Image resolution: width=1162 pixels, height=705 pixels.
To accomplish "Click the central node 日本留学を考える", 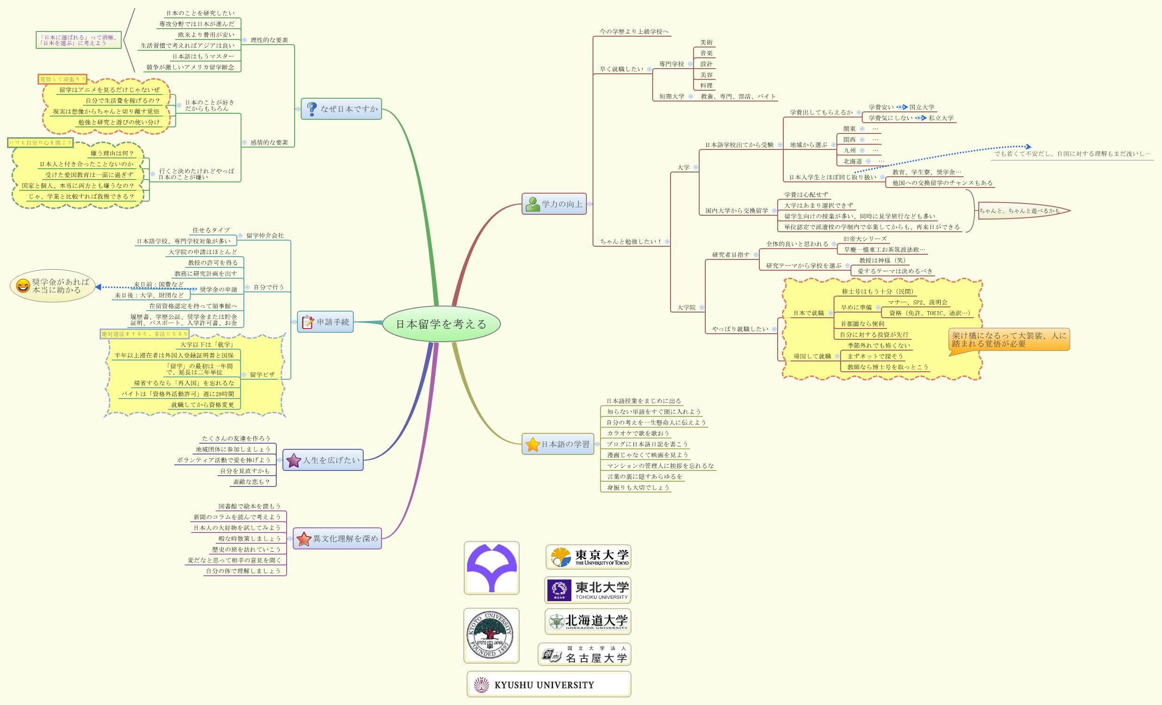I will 441,324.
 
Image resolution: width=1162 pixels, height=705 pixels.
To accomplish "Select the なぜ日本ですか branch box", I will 341,109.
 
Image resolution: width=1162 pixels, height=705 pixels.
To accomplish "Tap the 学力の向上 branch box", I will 554,204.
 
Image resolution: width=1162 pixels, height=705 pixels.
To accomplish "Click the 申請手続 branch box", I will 326,322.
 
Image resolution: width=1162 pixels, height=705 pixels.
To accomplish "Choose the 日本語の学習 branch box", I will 558,444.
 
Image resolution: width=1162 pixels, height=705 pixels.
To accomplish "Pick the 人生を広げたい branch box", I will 323,460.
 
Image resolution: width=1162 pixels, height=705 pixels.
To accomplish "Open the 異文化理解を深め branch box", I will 337,539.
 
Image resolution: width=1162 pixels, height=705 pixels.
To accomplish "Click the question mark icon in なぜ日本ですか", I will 311,109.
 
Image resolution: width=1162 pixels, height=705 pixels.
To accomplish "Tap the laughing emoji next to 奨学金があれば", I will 23,286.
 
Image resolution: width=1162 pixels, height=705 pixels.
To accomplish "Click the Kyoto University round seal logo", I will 491,635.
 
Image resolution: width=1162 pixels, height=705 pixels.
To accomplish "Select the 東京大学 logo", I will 588,557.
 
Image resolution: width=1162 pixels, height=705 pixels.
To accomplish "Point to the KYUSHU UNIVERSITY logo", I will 548,685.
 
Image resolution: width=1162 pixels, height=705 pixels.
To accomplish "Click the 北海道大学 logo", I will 588,621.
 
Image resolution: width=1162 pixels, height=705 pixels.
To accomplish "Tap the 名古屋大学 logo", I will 585,655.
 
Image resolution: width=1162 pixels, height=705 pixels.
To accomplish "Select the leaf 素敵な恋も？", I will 251,482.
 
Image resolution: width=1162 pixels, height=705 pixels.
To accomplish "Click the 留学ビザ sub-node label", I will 262,375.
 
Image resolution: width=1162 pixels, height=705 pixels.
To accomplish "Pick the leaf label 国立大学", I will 921,108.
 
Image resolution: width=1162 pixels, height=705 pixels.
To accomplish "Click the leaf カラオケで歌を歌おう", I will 638,433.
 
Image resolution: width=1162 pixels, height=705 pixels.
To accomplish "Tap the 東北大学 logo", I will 588,590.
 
